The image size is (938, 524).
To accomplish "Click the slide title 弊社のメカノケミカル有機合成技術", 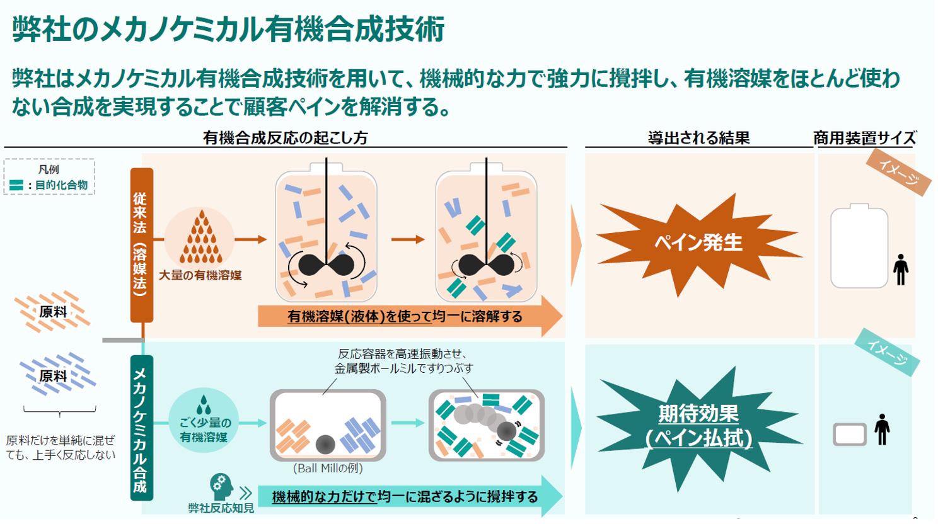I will click(228, 29).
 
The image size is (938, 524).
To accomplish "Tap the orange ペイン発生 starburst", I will click(698, 243).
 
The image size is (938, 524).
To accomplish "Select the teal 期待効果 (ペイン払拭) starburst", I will click(698, 426).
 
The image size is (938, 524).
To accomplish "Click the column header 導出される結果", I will click(698, 138).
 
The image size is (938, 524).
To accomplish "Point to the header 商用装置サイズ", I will click(864, 138).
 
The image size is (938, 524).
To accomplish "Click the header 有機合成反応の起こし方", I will click(285, 138).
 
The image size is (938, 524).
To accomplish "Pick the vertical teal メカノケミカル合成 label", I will click(141, 428).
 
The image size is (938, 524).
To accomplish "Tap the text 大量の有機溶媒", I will click(200, 275).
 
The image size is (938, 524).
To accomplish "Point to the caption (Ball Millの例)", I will click(328, 469).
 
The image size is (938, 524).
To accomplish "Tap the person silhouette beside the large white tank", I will click(901, 270).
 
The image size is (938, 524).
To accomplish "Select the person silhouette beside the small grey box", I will click(882, 430).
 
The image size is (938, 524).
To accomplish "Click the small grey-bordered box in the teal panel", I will click(849, 434).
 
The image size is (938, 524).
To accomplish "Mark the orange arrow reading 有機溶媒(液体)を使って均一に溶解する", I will click(407, 316).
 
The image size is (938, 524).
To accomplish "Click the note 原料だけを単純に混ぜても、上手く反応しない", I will click(61, 447).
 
